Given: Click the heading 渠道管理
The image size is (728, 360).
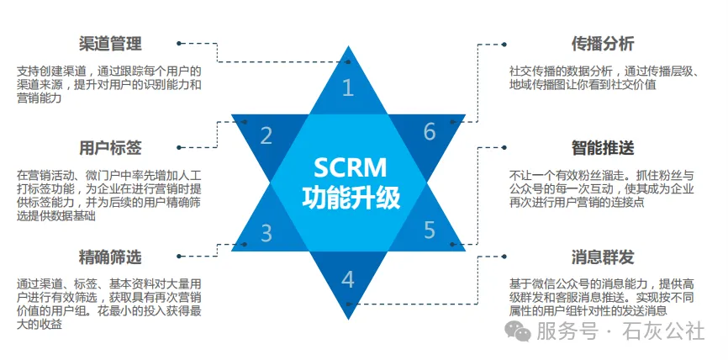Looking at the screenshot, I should coord(109,44).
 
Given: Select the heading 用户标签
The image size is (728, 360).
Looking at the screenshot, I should coord(109,147).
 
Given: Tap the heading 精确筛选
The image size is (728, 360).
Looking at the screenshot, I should coord(109,255).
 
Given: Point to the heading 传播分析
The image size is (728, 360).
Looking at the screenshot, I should coord(602,44).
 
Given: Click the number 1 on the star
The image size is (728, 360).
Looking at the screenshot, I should coord(349,87).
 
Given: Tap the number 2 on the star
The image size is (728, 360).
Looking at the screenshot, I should coord(266,135).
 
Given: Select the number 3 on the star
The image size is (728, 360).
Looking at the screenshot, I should coord(266,233).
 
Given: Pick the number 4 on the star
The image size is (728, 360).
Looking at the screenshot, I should coord(349,279).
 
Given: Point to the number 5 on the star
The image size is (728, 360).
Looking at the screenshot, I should coord(429,230).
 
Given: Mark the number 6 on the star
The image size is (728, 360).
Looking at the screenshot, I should coord(430,132).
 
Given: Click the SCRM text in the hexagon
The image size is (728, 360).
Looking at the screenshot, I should coord(348,166).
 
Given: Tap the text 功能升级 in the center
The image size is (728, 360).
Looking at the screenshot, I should coord(349,199).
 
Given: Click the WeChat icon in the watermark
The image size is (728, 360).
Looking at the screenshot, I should coord(523,332).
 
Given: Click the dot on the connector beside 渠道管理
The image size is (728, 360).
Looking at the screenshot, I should coord(178,40).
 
